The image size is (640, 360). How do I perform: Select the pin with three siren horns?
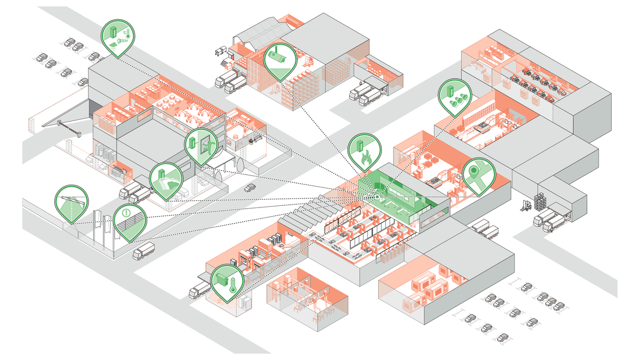point(455,95)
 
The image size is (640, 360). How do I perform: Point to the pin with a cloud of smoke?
point(165,179)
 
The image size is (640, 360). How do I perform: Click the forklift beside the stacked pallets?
point(526,205)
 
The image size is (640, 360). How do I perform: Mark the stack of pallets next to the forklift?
point(542,202)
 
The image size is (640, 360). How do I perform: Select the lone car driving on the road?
point(250,187)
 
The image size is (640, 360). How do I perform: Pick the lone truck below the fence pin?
point(143,250)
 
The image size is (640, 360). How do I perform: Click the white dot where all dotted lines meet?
point(377,197)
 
